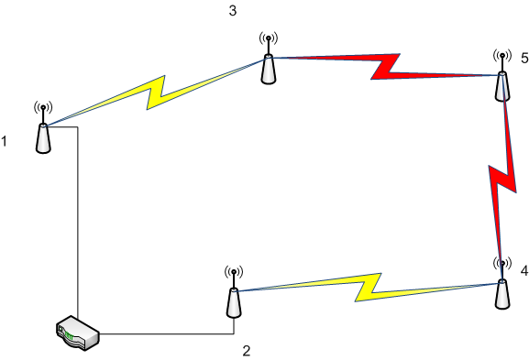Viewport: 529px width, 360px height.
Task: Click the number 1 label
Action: [4, 141]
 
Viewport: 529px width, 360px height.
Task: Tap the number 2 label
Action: [247, 351]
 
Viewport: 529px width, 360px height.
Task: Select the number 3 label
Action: [233, 11]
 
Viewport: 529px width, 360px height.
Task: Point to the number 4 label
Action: [523, 270]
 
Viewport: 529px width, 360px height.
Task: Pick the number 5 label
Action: [524, 58]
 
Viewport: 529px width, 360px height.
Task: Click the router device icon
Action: [78, 333]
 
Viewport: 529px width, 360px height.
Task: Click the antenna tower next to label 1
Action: [43, 128]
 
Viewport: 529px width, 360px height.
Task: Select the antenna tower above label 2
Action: [234, 292]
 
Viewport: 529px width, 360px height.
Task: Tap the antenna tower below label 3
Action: [269, 58]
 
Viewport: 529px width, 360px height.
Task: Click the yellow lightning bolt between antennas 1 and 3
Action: [156, 92]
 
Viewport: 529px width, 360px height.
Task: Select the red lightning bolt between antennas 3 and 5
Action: [386, 66]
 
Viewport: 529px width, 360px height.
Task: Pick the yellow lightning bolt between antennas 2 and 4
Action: [368, 288]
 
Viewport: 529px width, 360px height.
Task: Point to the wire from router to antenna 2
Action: [167, 334]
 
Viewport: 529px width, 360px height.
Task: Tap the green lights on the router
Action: [69, 336]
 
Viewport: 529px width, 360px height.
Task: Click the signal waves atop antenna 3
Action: [269, 38]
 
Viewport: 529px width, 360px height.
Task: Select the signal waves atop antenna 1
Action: [43, 107]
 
